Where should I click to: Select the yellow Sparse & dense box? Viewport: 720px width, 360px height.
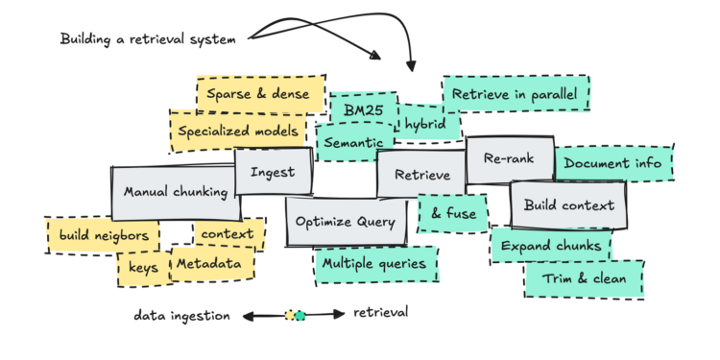click(x=257, y=94)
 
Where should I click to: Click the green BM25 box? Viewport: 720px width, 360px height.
click(x=363, y=109)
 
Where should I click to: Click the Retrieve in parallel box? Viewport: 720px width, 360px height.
click(x=516, y=95)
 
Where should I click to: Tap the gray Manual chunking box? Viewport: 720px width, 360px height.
click(x=173, y=192)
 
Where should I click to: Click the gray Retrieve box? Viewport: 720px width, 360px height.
click(x=422, y=175)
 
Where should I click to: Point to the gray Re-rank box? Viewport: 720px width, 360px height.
click(x=509, y=159)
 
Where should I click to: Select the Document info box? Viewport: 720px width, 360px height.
click(x=612, y=163)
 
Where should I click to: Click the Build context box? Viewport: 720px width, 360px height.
click(x=568, y=204)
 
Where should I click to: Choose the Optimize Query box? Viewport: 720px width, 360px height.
click(x=346, y=222)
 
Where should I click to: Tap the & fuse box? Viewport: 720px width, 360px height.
click(x=453, y=214)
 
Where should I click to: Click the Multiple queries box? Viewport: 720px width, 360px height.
click(x=374, y=263)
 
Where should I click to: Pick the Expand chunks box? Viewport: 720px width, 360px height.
click(x=550, y=246)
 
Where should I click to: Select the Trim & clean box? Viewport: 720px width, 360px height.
click(x=583, y=279)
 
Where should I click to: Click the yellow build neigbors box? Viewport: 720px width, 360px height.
click(x=103, y=234)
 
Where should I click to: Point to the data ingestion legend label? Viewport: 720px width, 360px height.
click(x=181, y=314)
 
